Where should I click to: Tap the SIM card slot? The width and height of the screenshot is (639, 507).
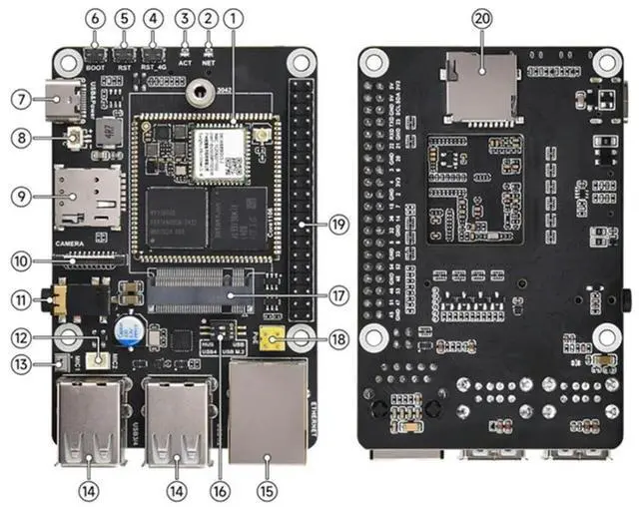[x=88, y=196]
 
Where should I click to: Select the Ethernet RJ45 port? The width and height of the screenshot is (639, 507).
[x=267, y=410]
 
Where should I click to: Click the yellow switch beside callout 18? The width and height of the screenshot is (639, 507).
[x=270, y=340]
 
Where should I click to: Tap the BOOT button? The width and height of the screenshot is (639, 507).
[x=96, y=54]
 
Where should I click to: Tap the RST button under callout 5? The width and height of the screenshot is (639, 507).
[x=124, y=54]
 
